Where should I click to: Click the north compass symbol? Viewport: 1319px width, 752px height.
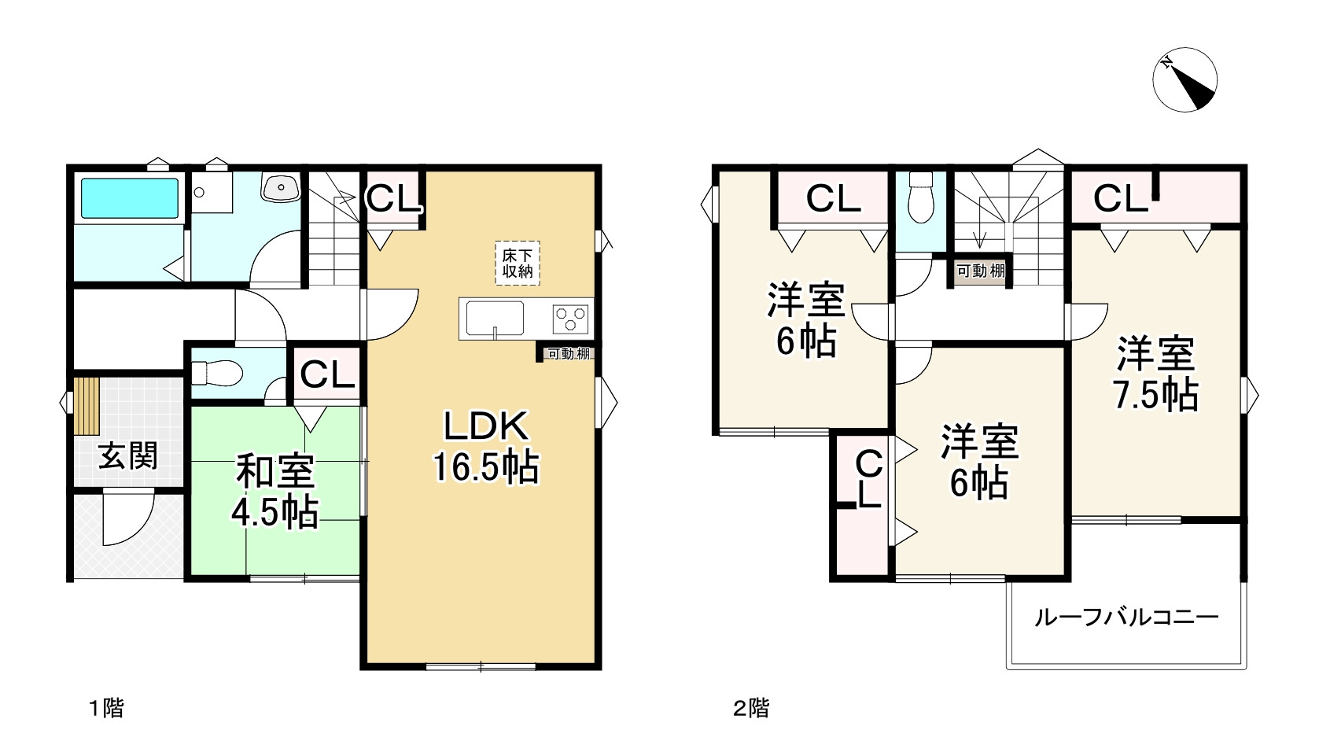click(x=1185, y=80)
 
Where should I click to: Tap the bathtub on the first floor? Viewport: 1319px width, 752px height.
click(x=129, y=198)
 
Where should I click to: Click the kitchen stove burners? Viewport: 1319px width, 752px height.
click(x=572, y=319)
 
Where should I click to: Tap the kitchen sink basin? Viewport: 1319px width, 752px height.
click(x=495, y=318)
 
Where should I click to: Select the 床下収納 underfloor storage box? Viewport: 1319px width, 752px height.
click(x=518, y=264)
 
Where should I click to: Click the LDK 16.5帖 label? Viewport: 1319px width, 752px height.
click(x=486, y=447)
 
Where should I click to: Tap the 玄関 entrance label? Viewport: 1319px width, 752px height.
click(x=128, y=455)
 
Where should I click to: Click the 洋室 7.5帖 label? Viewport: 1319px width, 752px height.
click(x=1155, y=374)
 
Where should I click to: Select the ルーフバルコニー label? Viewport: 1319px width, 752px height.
click(x=1126, y=617)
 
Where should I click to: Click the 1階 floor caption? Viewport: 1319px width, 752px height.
click(x=105, y=708)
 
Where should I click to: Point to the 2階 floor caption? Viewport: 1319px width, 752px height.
click(x=750, y=708)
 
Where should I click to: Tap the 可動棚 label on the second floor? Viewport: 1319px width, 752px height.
click(x=980, y=271)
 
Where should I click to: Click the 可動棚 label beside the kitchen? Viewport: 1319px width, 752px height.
click(x=568, y=354)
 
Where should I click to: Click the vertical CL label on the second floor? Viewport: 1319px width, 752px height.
click(x=868, y=480)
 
